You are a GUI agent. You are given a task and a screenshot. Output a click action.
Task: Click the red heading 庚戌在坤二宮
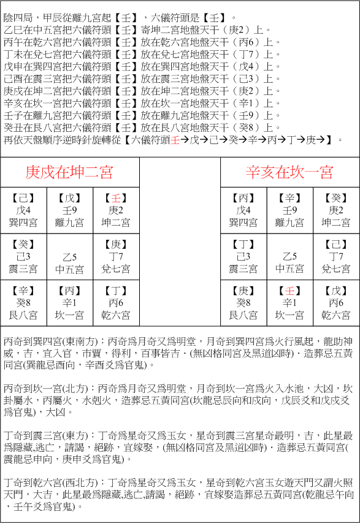[69, 172]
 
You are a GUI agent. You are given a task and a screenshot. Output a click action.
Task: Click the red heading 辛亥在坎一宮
[289, 172]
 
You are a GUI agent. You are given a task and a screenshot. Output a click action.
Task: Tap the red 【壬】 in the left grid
[116, 198]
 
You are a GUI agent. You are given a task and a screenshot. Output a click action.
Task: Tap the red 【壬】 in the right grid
[289, 290]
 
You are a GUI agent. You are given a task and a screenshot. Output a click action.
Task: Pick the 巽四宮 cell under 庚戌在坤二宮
[23, 210]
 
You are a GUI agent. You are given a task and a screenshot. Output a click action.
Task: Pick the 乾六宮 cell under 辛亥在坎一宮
[336, 303]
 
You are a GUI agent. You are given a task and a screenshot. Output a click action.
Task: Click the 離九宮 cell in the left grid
[69, 210]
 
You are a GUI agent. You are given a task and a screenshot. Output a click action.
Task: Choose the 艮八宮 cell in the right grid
[243, 303]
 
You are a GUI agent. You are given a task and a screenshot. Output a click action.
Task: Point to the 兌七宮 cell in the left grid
[116, 257]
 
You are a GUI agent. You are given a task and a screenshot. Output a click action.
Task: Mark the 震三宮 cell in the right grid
[243, 257]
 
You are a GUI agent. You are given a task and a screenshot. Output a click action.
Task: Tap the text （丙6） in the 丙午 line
[253, 42]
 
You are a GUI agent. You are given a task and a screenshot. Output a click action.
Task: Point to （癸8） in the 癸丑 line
[253, 128]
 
